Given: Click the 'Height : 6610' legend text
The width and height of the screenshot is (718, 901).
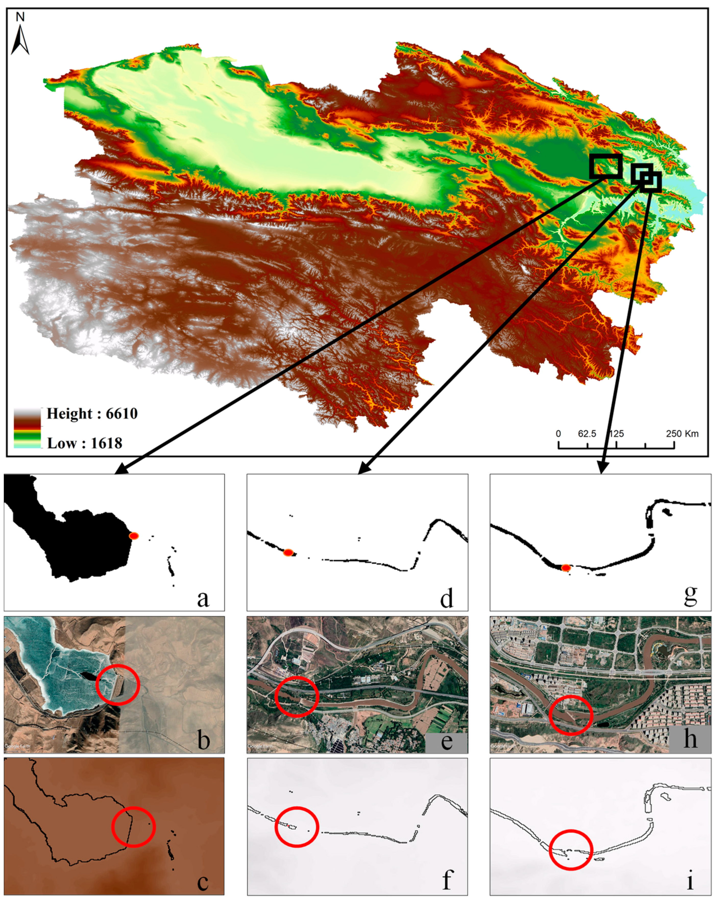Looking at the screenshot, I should point(92,414).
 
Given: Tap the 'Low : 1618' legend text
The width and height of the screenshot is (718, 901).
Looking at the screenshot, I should point(84,443).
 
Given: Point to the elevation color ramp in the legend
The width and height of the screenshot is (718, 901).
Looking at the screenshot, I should point(28,428).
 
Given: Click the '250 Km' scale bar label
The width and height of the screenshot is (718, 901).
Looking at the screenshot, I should point(682,434).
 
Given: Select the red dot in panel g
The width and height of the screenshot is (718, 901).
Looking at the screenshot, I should point(566,567).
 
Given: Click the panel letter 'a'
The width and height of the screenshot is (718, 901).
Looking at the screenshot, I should point(203,598).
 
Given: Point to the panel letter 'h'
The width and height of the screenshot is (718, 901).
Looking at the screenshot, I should point(690,739).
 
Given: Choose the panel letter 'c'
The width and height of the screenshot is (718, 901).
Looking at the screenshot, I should point(203,882).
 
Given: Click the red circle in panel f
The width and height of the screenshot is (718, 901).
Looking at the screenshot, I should point(297,827).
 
